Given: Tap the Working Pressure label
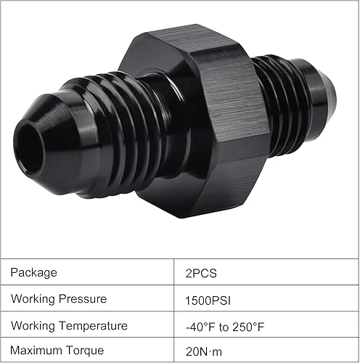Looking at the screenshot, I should pos(58,299).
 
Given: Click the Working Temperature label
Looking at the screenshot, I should pos(68,326).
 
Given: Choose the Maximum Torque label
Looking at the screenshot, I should pos(58,350).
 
